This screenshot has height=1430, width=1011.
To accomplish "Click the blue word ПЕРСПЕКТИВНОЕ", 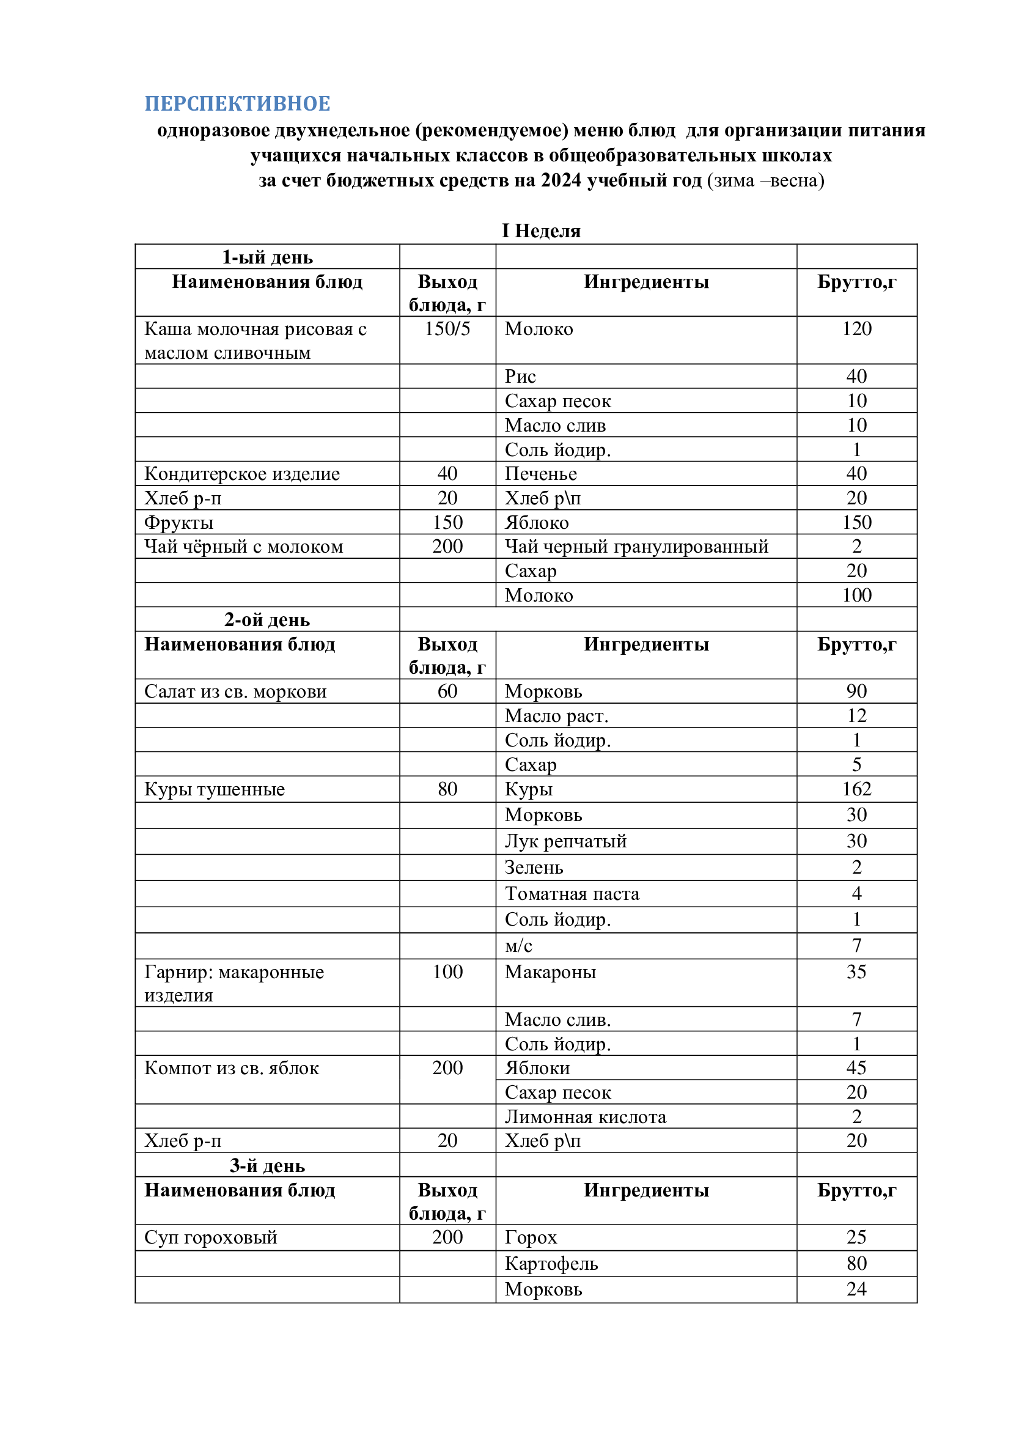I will coord(237,103).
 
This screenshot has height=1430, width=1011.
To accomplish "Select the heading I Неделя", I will coord(541,231).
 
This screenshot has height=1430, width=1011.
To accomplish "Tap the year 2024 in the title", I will coord(561,180).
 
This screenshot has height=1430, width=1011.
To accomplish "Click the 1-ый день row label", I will coord(267,257).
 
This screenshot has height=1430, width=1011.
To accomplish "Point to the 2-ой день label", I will coord(267,620).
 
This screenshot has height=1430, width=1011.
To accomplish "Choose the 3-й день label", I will coord(267,1165).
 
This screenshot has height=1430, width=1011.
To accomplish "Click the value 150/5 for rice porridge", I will coord(447,329).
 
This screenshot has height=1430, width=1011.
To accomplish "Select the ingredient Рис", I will coord(520,376).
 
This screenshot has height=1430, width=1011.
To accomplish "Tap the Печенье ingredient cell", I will coord(540,474).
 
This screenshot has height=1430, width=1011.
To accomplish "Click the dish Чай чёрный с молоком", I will coord(243,547).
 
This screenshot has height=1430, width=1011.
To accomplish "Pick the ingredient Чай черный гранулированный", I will coord(636,547).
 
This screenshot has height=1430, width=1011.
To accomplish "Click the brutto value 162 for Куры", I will coord(856,789).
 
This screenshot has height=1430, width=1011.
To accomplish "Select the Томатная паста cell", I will coord(572,894).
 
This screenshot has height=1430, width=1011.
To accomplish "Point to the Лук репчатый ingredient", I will coord(565,841).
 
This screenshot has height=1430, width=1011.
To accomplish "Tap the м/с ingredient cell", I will coord(518,946).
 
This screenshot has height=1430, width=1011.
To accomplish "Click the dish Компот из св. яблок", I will coord(232,1068).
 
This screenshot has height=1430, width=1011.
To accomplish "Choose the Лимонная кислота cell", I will coord(585,1117).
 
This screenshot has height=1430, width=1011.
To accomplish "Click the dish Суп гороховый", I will coord(210,1237).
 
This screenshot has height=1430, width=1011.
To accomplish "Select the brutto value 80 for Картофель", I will coord(856,1264).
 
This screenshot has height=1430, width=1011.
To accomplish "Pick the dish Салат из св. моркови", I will coord(235,691).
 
